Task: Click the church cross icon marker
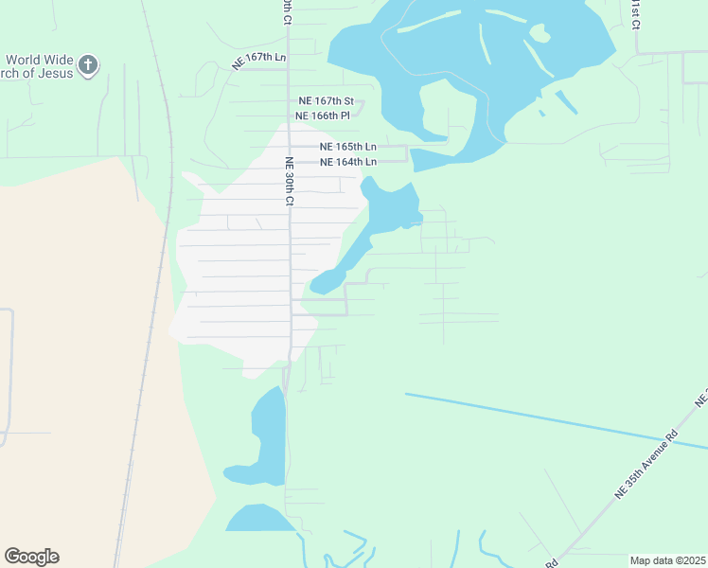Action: [88, 65]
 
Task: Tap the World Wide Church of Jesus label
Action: [38, 67]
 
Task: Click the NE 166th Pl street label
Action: [323, 115]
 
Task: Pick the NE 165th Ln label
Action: [347, 147]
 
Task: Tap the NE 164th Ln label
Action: [348, 162]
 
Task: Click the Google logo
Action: [31, 557]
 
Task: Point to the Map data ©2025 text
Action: [667, 560]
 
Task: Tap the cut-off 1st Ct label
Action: [634, 13]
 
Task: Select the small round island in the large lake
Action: [540, 33]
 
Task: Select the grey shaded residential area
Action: [237, 275]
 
